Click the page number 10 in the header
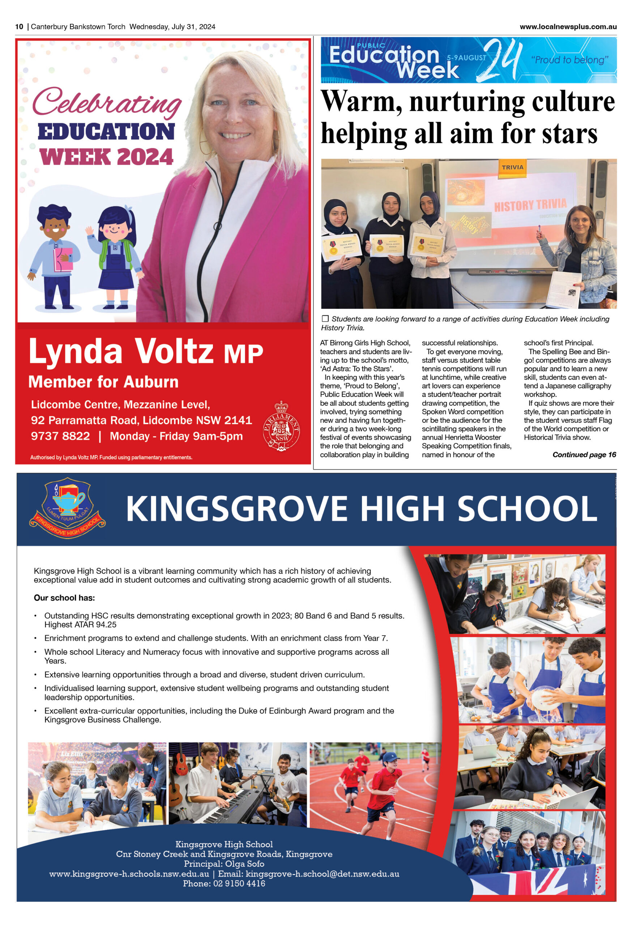pyautogui.click(x=19, y=27)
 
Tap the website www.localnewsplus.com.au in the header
pyautogui.click(x=568, y=27)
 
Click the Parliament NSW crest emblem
pyautogui.click(x=281, y=426)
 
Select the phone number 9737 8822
pyautogui.click(x=60, y=436)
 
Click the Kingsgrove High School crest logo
pyautogui.click(x=67, y=508)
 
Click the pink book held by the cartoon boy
pyautogui.click(x=63, y=259)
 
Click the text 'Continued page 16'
pyautogui.click(x=584, y=455)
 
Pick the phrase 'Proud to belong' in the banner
pyautogui.click(x=569, y=60)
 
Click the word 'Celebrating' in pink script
pyautogui.click(x=107, y=102)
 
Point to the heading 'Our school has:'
pyautogui.click(x=64, y=598)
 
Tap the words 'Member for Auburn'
pyautogui.click(x=103, y=382)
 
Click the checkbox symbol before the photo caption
pyautogui.click(x=325, y=318)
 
